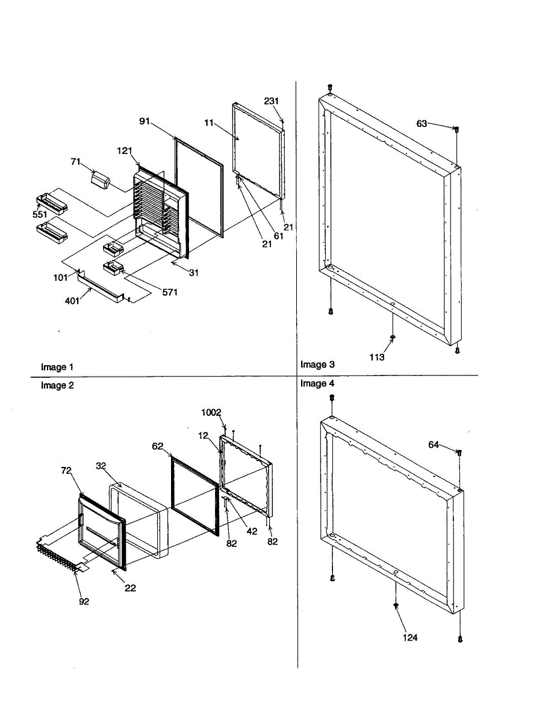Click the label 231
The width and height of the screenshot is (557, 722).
[272, 100]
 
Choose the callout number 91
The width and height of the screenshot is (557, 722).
[145, 120]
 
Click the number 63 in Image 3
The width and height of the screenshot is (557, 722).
[422, 123]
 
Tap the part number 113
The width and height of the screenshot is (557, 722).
[377, 357]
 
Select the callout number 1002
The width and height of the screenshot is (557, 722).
[211, 412]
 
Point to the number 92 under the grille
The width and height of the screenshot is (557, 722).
[84, 601]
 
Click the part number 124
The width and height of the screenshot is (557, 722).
[411, 637]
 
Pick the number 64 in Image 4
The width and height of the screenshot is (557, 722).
[434, 445]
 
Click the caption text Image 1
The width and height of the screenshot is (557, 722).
[57, 367]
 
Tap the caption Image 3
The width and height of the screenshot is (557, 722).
[317, 365]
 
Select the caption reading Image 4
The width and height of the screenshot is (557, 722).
[317, 383]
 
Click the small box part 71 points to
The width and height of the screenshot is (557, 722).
[101, 179]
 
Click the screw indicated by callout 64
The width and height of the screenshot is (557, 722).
[459, 453]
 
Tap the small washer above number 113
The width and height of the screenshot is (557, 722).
[393, 337]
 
